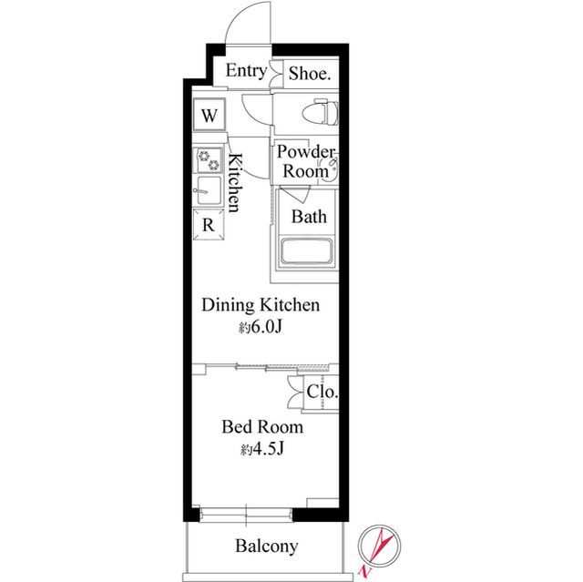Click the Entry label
point(247,71)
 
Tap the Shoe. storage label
point(310,74)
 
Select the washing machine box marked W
point(209,115)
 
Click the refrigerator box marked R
point(209,224)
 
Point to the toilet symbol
point(320,112)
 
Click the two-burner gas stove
point(209,160)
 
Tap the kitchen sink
point(208,190)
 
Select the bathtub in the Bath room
point(306,251)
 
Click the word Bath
point(309,217)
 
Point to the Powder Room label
point(306,162)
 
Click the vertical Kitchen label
point(235,182)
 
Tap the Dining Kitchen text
point(261,305)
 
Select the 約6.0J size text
point(261,327)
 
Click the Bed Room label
point(262,426)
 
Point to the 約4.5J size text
point(261,450)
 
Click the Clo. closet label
point(322,392)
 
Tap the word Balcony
point(267,546)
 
